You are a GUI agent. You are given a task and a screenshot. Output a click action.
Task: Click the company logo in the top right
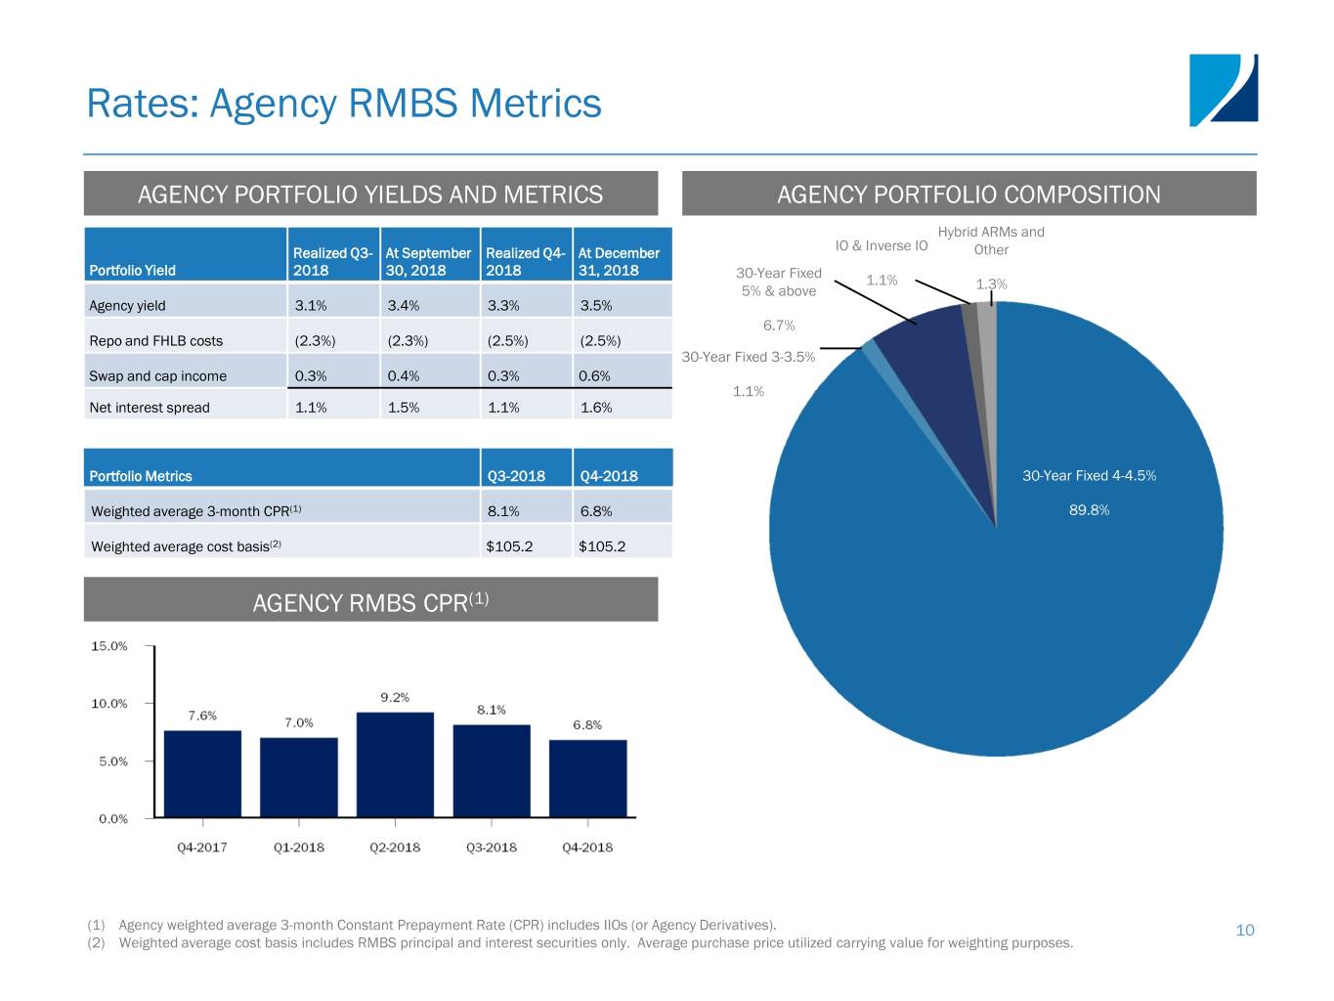pyautogui.click(x=1223, y=90)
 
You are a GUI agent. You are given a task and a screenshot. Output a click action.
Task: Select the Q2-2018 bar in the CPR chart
pyautogui.click(x=395, y=764)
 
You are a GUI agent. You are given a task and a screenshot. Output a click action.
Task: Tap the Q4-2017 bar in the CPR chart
pyautogui.click(x=202, y=773)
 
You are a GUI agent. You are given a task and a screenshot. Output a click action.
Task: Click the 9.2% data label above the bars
pyautogui.click(x=395, y=698)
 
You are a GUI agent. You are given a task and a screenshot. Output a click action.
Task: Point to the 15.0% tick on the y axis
pyautogui.click(x=109, y=646)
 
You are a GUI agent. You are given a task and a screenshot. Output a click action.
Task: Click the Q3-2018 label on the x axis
pyautogui.click(x=491, y=848)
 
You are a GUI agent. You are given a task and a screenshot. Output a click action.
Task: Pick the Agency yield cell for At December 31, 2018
pyautogui.click(x=596, y=306)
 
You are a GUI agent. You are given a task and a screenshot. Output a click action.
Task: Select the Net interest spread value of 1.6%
pyautogui.click(x=596, y=408)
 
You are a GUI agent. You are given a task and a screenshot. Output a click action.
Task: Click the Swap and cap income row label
pyautogui.click(x=157, y=376)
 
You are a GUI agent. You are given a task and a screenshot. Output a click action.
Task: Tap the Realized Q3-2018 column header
pyautogui.click(x=332, y=261)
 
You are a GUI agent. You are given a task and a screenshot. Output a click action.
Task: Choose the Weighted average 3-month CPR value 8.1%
pyautogui.click(x=503, y=511)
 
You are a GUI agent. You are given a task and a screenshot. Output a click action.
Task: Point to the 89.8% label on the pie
pyautogui.click(x=1089, y=510)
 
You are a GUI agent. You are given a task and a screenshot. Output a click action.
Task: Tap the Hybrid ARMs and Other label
pyautogui.click(x=991, y=240)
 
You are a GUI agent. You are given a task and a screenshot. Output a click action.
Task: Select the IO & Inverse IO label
pyautogui.click(x=881, y=246)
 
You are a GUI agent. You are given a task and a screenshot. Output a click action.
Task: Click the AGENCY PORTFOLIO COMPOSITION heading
pyautogui.click(x=968, y=195)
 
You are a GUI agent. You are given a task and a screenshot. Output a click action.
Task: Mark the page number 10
pyautogui.click(x=1244, y=931)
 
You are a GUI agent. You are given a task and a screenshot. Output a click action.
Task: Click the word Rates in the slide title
pyautogui.click(x=142, y=103)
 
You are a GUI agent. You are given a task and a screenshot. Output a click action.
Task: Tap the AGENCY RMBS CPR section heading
pyautogui.click(x=370, y=602)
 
